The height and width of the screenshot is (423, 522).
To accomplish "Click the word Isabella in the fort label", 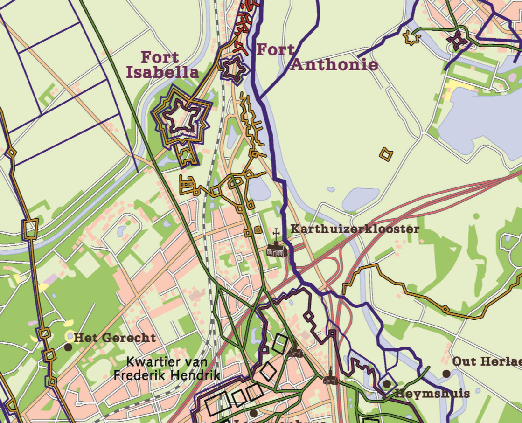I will pos(162,72).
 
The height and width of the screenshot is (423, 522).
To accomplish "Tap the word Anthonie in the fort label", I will pos(334,64).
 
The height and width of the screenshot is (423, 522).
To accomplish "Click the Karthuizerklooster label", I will pos(355,229).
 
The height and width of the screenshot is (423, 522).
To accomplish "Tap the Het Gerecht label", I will pos(114,338).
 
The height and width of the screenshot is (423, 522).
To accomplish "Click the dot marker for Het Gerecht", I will pos(68,347).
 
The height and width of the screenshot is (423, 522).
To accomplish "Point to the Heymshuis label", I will pos(432,394).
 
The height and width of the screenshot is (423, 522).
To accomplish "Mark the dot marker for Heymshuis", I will pos(387,384).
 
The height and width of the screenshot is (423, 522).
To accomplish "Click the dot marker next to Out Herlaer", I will pos(446,374).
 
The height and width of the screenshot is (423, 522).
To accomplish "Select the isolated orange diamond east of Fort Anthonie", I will pos(386,154).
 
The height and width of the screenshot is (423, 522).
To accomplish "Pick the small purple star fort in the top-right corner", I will pos(457,41).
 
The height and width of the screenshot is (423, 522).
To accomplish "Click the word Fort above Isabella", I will pos(160,58).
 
